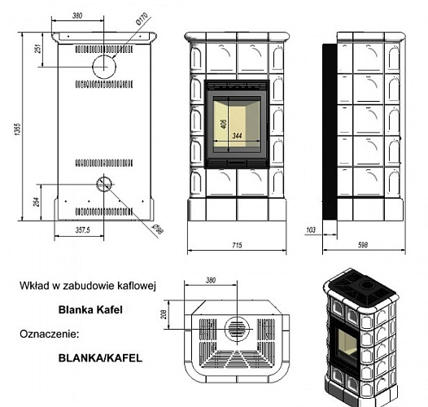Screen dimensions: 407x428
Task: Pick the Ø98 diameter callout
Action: point(158,229)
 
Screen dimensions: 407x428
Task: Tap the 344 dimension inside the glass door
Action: point(238,135)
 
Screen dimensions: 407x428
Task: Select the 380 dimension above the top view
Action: point(212,281)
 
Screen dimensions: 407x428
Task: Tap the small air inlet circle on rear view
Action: point(103,183)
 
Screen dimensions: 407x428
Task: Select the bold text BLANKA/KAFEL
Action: point(100,357)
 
